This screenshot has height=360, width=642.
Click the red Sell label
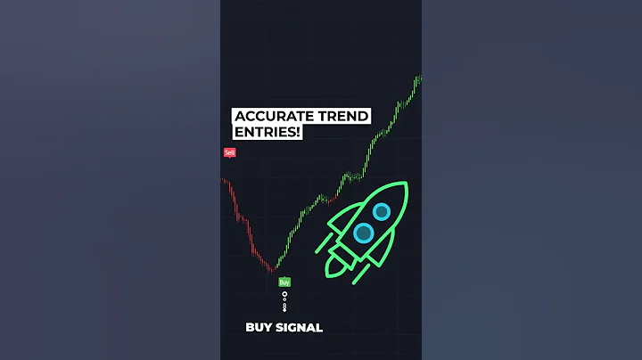[x=229, y=152]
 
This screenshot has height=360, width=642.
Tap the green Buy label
[x=284, y=282]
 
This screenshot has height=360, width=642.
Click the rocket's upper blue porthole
[x=381, y=211]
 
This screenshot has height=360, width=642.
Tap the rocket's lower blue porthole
[x=363, y=233]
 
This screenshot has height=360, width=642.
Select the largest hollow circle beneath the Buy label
[x=284, y=294]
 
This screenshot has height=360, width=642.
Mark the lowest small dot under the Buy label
[x=284, y=308]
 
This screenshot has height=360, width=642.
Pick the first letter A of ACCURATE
[x=239, y=118]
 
